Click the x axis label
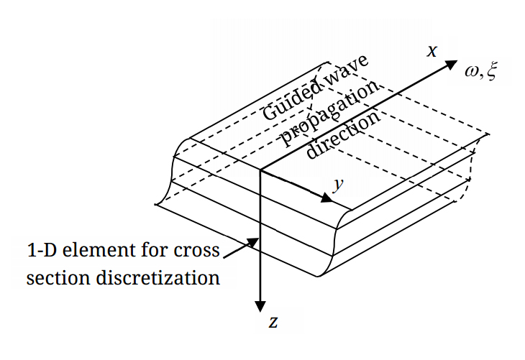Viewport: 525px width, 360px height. click(432, 51)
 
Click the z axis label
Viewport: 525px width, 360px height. click(273, 322)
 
